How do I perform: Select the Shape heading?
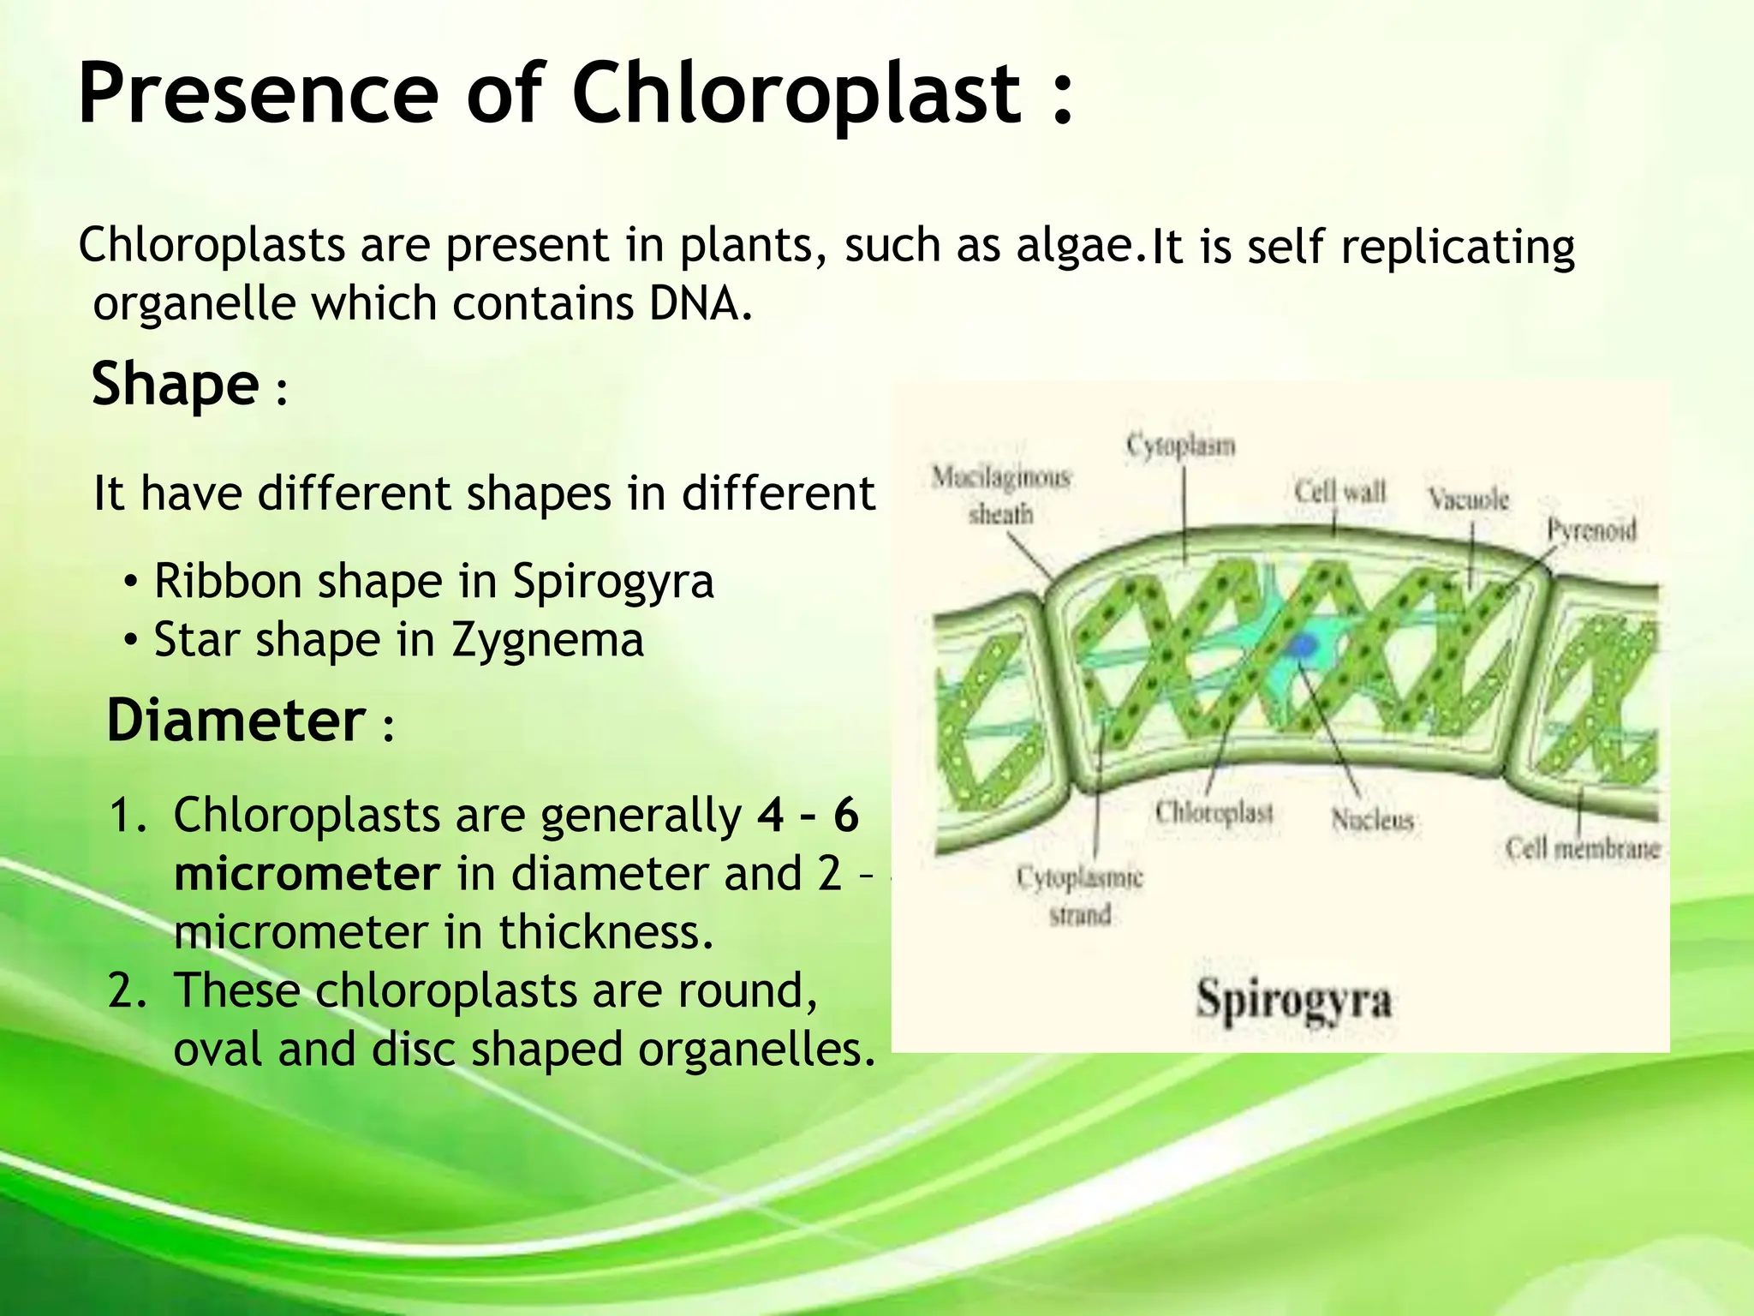tap(176, 384)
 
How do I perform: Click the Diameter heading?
tap(236, 721)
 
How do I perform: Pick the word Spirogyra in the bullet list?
tap(612, 582)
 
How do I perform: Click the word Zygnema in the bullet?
tap(547, 641)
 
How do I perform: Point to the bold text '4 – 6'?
tap(808, 815)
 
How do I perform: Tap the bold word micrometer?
tap(307, 874)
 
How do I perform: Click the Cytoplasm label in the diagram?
tap(1180, 446)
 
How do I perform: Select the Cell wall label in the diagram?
tap(1339, 492)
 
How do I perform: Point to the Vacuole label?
tap(1468, 499)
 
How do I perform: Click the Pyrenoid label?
tap(1591, 530)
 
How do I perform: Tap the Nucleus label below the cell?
tap(1372, 821)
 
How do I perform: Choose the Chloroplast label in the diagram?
tap(1214, 812)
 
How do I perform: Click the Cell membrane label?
tap(1583, 848)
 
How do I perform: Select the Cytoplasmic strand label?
tap(1080, 895)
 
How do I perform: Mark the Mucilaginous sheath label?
tap(1001, 494)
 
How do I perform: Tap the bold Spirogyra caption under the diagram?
tap(1293, 1000)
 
